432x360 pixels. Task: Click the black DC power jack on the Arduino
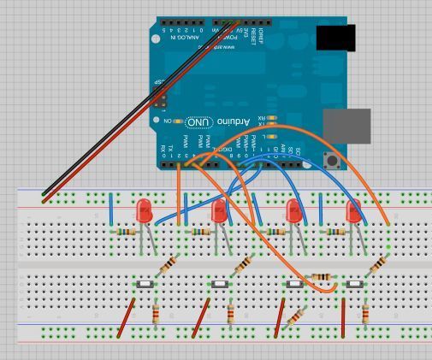tap(335, 38)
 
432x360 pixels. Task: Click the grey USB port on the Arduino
tap(347, 125)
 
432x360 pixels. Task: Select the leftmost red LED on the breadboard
tap(145, 210)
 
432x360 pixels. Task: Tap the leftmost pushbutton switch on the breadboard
tap(145, 283)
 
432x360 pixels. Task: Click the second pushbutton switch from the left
tap(220, 283)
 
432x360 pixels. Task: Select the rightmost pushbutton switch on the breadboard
tap(353, 283)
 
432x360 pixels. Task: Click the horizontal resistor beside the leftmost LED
tap(127, 232)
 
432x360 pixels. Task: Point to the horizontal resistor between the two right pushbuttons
tap(323, 276)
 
